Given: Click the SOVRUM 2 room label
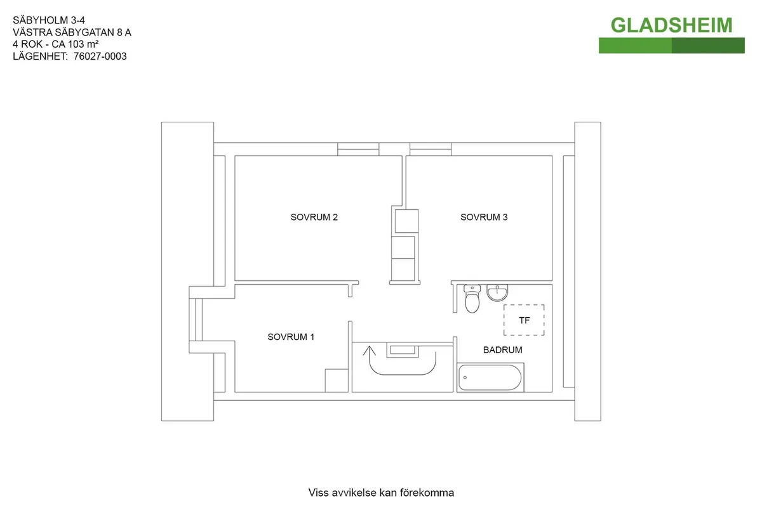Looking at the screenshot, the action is (x=314, y=217).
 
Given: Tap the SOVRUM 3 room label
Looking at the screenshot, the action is (x=484, y=217).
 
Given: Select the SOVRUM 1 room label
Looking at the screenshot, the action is (x=291, y=337).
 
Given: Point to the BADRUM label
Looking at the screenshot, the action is (x=502, y=349).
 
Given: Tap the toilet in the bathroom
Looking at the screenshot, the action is (x=472, y=299).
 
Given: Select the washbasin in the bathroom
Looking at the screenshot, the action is (x=497, y=293).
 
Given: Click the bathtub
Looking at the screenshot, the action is (x=490, y=377).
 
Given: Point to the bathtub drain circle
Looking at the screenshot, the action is (x=465, y=377).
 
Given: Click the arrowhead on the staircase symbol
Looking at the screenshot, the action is (x=369, y=351).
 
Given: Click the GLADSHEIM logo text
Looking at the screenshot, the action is (x=672, y=25).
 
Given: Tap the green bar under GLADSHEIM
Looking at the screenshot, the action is (x=672, y=46).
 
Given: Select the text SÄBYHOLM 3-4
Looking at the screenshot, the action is (x=49, y=20).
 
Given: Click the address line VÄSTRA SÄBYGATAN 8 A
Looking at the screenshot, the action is (x=72, y=32).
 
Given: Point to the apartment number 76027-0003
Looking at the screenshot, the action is (x=100, y=56).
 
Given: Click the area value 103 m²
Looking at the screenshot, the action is (x=83, y=44).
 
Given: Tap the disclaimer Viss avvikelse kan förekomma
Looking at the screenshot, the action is (x=381, y=493).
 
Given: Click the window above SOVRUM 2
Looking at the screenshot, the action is (x=358, y=149).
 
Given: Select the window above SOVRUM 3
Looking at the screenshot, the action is (x=431, y=149).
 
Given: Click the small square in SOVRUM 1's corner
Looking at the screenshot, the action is (x=337, y=381).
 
